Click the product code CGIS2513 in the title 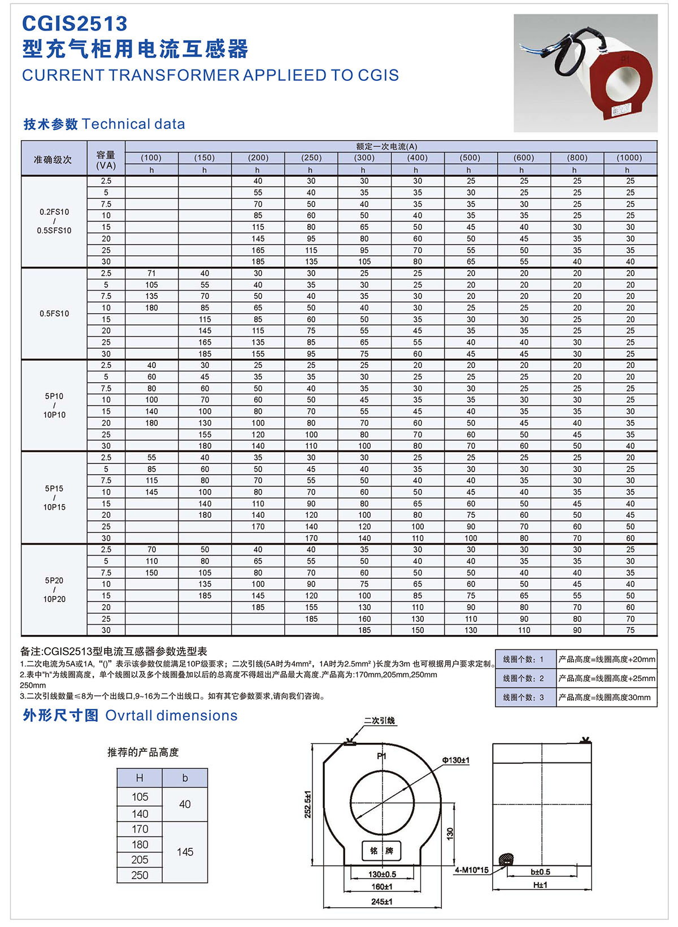point(75,24)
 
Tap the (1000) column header point(629,158)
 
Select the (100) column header point(151,158)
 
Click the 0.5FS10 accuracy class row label point(54,314)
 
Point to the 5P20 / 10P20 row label point(54,590)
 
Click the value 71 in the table point(151,274)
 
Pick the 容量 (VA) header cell point(106,160)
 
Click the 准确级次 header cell point(53,160)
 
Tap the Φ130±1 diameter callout point(455,760)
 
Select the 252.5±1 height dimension point(308,804)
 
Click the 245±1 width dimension point(381,902)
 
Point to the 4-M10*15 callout point(472,870)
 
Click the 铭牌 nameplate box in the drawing point(381,851)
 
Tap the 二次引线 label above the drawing point(380,721)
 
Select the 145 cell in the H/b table point(185,852)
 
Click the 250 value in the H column point(140,875)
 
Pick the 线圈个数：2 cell point(524,678)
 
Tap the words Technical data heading point(133,124)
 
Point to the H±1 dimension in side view point(540,885)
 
